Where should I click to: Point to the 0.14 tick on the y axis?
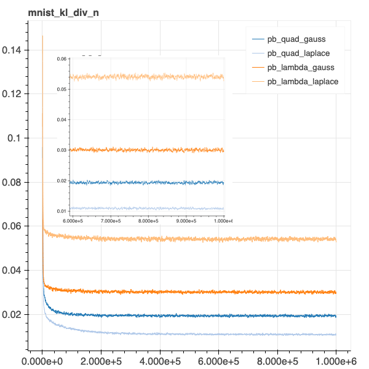click(x=13, y=50)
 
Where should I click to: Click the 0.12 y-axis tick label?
click(x=13, y=94)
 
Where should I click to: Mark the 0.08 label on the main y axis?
click(x=13, y=183)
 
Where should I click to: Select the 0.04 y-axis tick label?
click(x=13, y=271)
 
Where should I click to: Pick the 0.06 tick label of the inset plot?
click(x=62, y=59)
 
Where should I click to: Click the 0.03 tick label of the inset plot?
click(x=62, y=150)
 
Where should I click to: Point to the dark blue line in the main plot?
click(x=184, y=315)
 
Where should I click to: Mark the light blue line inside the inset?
click(x=148, y=208)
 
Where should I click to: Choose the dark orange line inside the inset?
click(x=148, y=150)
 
